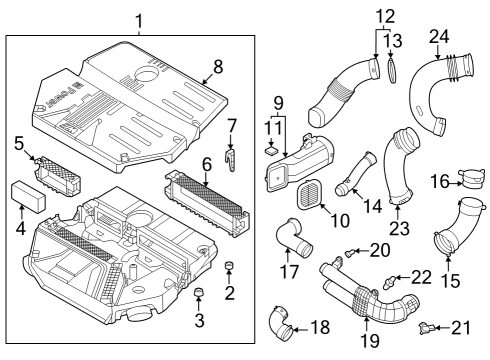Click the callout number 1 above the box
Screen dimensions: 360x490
[x=139, y=20]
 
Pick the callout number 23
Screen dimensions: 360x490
[x=400, y=228]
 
